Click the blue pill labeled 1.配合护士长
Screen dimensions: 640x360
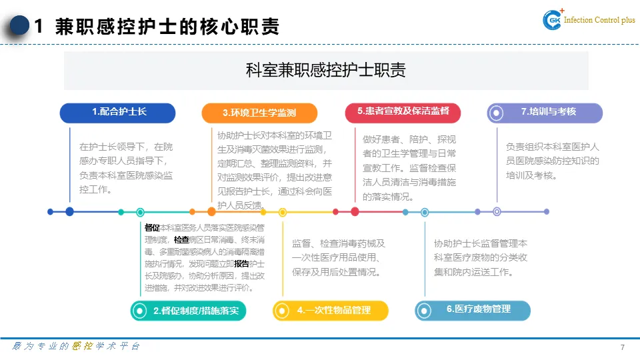pos(117,113)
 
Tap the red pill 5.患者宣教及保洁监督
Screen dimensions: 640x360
pos(403,113)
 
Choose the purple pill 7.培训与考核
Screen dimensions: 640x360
pos(545,113)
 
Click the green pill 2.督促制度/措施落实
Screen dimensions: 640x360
pos(189,311)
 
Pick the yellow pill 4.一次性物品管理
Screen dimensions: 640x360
pos(331,311)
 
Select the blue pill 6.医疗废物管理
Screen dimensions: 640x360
pos(473,310)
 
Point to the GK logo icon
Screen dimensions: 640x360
pos(553,20)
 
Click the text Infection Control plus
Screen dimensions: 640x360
pos(599,21)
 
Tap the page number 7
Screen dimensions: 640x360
pos(622,348)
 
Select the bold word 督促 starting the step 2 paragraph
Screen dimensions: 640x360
pos(152,228)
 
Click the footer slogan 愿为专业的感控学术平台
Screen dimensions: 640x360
pos(77,347)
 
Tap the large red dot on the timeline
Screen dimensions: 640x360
pos(355,212)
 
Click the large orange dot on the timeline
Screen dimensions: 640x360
pos(212,212)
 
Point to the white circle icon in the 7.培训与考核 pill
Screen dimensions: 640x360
pos(496,113)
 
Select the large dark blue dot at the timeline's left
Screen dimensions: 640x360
pos(69,212)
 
